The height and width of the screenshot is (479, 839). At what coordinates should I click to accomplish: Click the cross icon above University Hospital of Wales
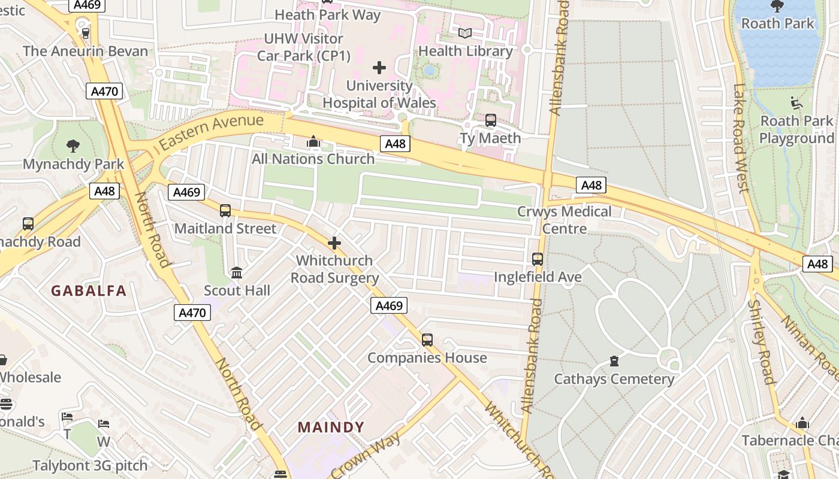point(379,67)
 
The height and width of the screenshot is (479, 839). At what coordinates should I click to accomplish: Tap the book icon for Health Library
point(465,33)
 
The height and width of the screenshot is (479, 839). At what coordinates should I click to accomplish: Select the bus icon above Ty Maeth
point(491,120)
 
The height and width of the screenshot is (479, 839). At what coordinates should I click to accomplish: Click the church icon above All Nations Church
point(313,142)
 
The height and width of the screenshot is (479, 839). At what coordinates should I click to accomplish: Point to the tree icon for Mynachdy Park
point(73,145)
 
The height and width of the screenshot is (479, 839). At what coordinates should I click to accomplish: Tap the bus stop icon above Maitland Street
point(225,211)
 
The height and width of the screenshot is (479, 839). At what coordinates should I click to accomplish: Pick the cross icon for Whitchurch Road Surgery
point(334,243)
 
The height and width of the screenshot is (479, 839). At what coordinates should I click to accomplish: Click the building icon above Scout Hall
point(237,273)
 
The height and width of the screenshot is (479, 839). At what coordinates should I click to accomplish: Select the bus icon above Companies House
point(427,340)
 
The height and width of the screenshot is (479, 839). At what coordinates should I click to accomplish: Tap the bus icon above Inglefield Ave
point(538,259)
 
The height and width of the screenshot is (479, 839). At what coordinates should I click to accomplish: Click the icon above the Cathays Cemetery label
point(614,361)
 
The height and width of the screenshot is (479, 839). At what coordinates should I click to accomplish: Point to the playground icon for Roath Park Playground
point(796,103)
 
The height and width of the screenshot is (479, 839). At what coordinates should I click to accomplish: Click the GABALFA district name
point(89,291)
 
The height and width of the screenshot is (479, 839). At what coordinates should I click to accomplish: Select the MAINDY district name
point(331,428)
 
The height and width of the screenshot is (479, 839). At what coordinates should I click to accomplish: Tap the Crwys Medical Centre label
point(565,220)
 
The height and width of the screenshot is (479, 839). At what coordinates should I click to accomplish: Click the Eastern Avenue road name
point(212,132)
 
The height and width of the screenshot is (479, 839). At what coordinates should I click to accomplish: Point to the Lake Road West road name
point(741,138)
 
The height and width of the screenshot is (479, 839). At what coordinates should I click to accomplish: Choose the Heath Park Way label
point(327,15)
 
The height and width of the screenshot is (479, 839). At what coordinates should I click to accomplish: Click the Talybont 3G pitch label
point(90,466)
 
